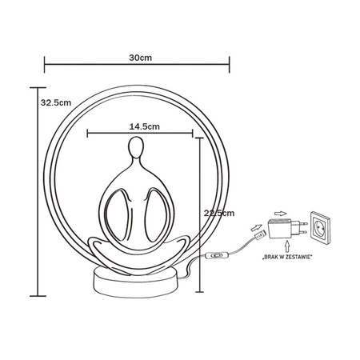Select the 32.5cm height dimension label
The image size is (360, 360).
point(54,103)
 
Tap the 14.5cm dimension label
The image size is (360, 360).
point(142,126)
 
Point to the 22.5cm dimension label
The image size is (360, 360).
point(218,213)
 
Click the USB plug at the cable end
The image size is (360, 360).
point(258,235)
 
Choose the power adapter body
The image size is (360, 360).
point(282,231)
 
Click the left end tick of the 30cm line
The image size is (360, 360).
point(45,67)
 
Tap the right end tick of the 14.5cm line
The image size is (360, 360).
point(198,134)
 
